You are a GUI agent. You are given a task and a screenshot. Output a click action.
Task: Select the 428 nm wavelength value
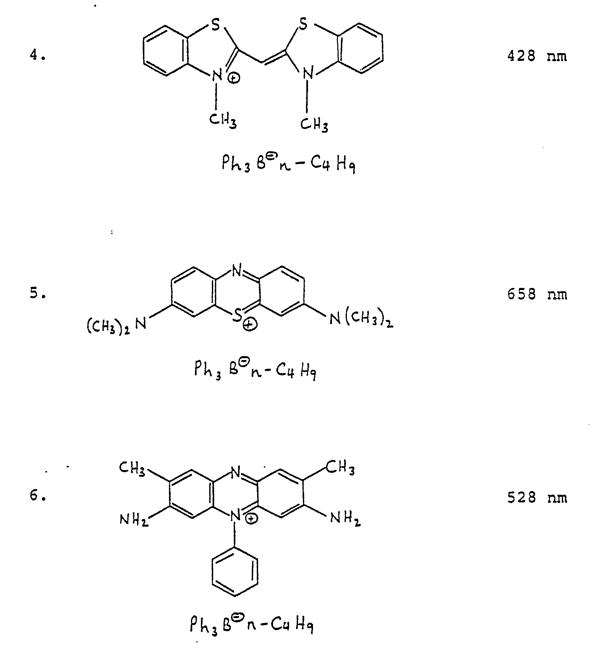536,56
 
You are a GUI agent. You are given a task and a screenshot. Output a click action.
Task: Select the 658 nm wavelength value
536,294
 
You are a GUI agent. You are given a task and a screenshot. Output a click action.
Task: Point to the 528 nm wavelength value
536,498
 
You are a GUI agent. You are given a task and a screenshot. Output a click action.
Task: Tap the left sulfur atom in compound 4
216,25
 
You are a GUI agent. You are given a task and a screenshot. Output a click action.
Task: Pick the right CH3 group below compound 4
314,125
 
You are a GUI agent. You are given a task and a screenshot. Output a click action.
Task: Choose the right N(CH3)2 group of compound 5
361,320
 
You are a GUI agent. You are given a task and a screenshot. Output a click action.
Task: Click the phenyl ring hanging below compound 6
235,572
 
